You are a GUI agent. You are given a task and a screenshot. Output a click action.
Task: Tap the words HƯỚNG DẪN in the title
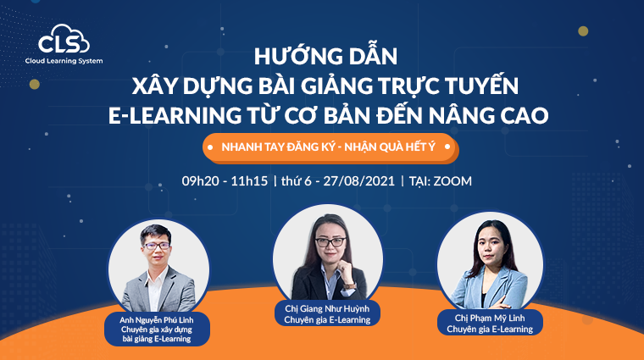click(x=325, y=58)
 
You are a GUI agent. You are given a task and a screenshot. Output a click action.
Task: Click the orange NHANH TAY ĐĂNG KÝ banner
click(x=330, y=147)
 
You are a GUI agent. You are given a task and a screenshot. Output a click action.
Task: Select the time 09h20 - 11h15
click(x=225, y=181)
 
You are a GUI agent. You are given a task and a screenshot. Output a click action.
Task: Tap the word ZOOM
click(x=452, y=181)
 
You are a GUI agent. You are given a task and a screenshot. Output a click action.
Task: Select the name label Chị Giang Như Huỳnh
click(x=327, y=307)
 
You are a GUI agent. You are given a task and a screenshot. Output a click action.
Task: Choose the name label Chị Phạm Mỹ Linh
click(x=490, y=316)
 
